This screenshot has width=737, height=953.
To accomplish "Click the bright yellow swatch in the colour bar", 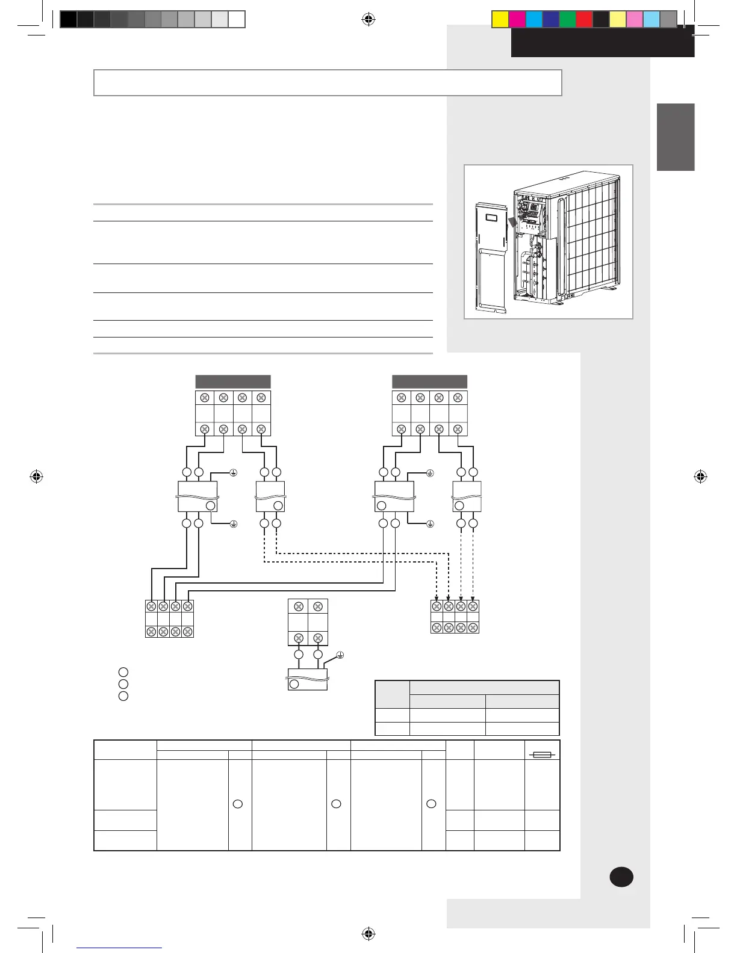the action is [x=500, y=19].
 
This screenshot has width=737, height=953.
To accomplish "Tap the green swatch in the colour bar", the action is [x=568, y=19].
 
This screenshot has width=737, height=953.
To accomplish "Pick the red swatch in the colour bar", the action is [x=585, y=19].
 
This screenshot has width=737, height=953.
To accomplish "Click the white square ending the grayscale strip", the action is [x=237, y=19].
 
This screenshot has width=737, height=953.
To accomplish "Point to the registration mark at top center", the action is [x=368, y=19].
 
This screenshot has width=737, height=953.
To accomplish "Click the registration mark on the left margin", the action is [x=37, y=476].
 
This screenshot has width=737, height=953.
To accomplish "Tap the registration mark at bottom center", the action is [x=368, y=934].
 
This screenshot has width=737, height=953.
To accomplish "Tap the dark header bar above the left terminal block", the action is [x=233, y=381].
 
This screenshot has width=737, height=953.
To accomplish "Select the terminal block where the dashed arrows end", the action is [x=455, y=617].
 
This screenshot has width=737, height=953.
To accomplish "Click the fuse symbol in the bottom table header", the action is [x=543, y=754].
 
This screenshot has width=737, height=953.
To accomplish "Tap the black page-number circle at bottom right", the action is [x=621, y=877].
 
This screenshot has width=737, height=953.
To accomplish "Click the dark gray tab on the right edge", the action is [x=676, y=137].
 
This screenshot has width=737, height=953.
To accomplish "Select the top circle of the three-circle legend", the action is [x=123, y=672].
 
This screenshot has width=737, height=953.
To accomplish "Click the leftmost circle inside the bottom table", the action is [x=238, y=804].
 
